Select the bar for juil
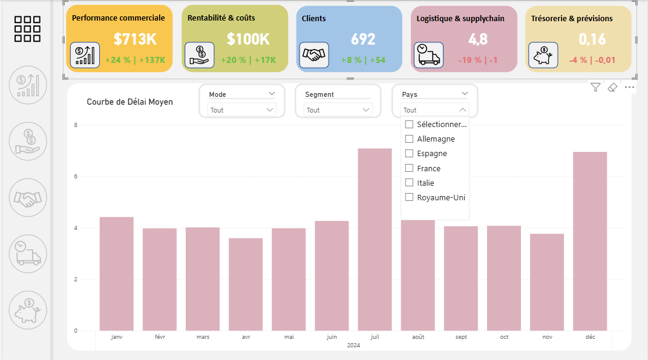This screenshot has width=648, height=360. point(375,239)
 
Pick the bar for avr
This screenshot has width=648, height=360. point(246,284)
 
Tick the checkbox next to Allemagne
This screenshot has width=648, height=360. point(409,139)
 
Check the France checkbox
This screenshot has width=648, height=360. point(409,168)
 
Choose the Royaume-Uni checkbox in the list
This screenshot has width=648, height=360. point(409,197)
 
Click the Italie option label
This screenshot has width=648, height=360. point(425,183)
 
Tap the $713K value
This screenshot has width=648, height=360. point(135,39)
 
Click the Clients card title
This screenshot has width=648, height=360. point(314,19)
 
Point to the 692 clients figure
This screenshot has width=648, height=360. point(363,39)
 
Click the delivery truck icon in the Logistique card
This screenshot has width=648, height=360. point(428,54)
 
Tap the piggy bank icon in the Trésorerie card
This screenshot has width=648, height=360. point(543,55)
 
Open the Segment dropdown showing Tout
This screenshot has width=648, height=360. point(338,110)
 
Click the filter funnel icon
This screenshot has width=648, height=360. point(596,88)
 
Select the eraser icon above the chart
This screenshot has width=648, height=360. point(612,88)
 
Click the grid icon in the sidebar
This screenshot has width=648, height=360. point(27,28)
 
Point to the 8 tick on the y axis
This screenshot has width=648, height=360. point(76,125)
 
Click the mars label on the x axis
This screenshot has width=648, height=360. point(203,336)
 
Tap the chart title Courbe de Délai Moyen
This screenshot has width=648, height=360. point(129,102)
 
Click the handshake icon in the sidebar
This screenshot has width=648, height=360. point(28,198)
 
